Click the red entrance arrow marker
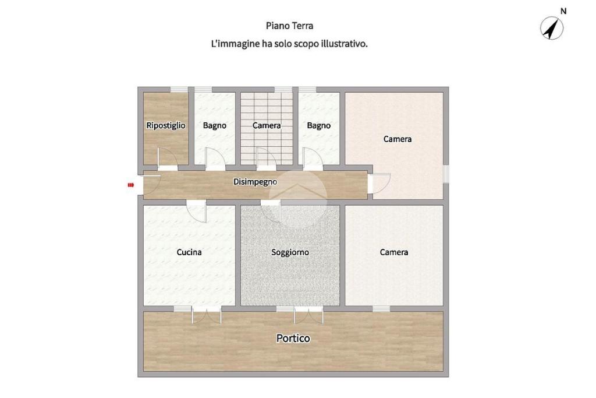coord(131,185)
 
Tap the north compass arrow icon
coord(552,29)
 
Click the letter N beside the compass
coord(563,11)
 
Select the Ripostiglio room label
coord(166,125)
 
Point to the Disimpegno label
coord(255,182)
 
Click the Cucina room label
coord(189,252)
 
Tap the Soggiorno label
coord(290,252)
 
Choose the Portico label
coord(293,338)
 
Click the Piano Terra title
coord(290,26)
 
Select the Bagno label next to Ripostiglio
coord(214,125)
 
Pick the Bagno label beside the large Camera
coord(319,125)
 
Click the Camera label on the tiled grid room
coord(267,125)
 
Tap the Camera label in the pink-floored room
coord(397,139)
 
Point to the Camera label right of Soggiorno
coord(394,252)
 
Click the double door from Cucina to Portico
coord(207,315)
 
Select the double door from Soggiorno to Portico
coord(308,315)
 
